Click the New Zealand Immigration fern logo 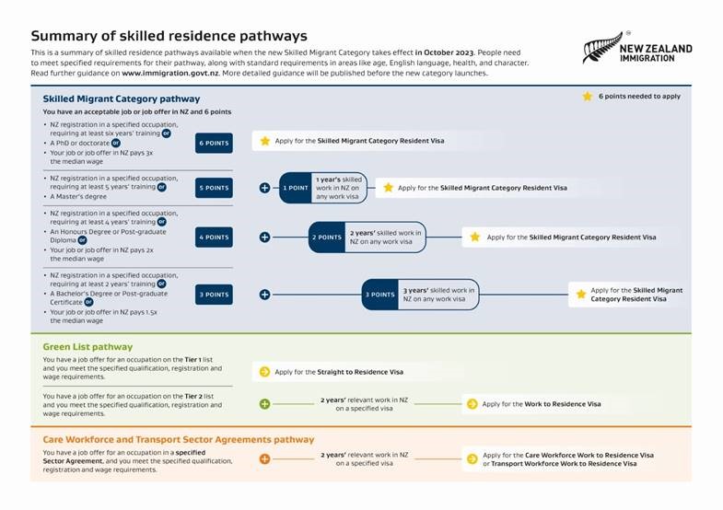(602, 48)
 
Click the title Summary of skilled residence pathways (169, 36)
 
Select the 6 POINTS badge (214, 143)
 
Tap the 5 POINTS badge (214, 187)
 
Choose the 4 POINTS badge (214, 237)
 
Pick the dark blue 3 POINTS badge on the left (214, 295)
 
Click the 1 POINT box (296, 187)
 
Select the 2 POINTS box (327, 237)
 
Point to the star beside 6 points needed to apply (587, 96)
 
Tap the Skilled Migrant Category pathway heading (121, 99)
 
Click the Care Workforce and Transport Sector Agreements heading (178, 439)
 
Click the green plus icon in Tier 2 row (264, 404)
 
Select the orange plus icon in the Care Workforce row (264, 458)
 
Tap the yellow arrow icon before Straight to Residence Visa (264, 372)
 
